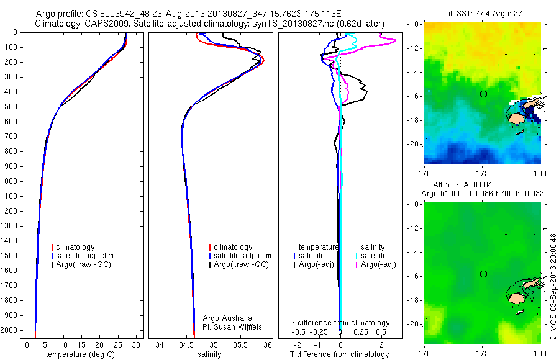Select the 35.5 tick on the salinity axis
coord(241,344)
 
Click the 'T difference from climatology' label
coord(340,354)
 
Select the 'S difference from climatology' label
coord(340,323)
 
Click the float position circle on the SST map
coord(483,94)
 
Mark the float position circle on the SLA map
coord(483,274)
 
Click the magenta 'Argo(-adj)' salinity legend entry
coord(378,264)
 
